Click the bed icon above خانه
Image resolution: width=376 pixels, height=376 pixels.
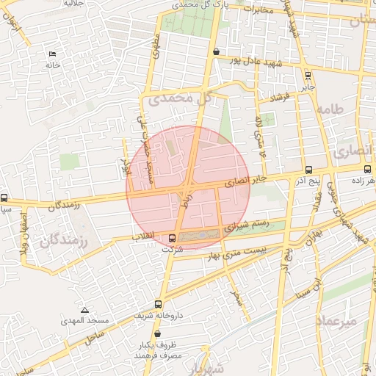[51, 54]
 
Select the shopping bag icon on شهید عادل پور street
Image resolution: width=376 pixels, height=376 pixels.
[215, 52]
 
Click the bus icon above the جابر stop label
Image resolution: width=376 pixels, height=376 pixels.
[307, 74]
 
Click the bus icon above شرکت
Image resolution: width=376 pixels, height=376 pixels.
[173, 238]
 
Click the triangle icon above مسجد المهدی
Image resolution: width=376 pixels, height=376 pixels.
[84, 310]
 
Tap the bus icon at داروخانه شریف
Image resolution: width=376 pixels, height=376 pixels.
[159, 304]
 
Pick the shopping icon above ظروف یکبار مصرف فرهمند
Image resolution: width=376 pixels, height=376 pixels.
[157, 334]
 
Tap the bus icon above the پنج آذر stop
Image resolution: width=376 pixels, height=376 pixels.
[308, 170]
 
